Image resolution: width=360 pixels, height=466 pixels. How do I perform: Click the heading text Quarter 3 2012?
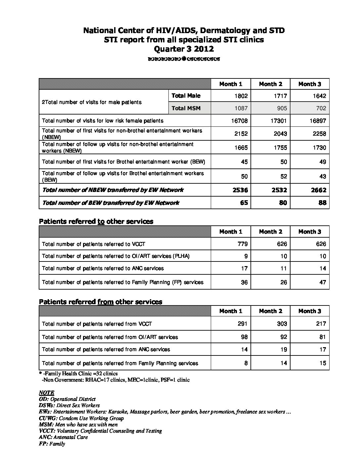point(184,49)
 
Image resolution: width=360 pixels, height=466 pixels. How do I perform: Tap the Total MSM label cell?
point(186,108)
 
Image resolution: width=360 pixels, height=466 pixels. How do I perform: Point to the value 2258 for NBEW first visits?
point(319,134)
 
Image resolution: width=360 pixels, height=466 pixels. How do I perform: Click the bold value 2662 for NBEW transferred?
point(319,190)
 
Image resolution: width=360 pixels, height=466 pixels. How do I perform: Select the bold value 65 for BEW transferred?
point(244,203)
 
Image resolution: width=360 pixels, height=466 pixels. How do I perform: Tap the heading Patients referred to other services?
point(96,221)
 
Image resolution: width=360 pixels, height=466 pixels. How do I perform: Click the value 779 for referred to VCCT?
point(242,244)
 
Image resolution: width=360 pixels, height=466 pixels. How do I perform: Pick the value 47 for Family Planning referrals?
point(323,282)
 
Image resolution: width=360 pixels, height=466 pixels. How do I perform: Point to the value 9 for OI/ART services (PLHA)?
point(246,256)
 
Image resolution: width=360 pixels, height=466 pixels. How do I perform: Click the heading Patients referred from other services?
point(101,302)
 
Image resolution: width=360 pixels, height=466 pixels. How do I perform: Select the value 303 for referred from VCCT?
point(282,324)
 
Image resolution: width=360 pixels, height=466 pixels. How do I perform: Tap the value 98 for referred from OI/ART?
point(244,337)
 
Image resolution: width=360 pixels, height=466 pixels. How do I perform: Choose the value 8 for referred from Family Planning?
point(246,363)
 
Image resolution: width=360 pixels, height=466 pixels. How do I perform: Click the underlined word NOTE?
point(46,393)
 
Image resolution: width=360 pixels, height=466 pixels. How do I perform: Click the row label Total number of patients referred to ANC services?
point(103,268)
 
